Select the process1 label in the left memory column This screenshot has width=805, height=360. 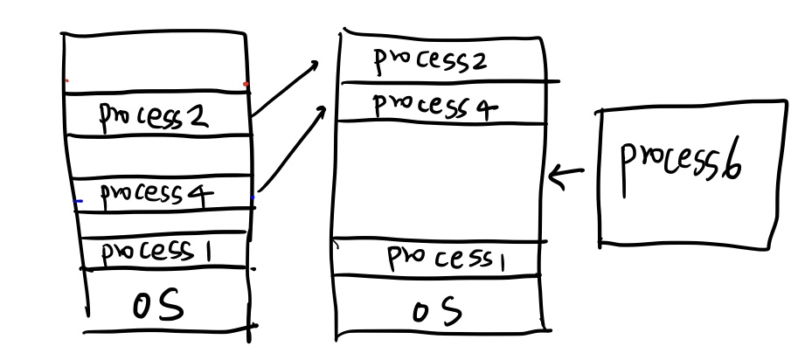(158, 253)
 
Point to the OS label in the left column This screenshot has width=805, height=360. (157, 308)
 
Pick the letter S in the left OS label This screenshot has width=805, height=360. (173, 308)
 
